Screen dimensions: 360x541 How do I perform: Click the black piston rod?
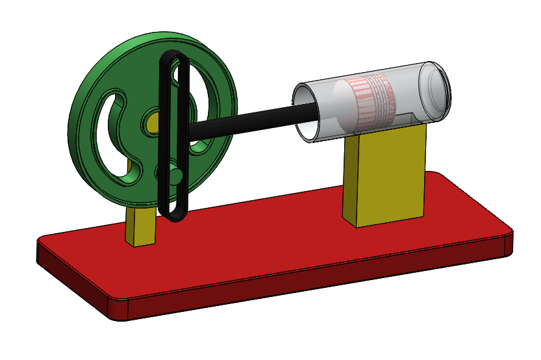[247, 121]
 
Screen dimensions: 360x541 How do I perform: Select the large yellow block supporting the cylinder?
[390, 175]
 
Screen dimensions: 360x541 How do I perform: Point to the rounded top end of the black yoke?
[174, 56]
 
